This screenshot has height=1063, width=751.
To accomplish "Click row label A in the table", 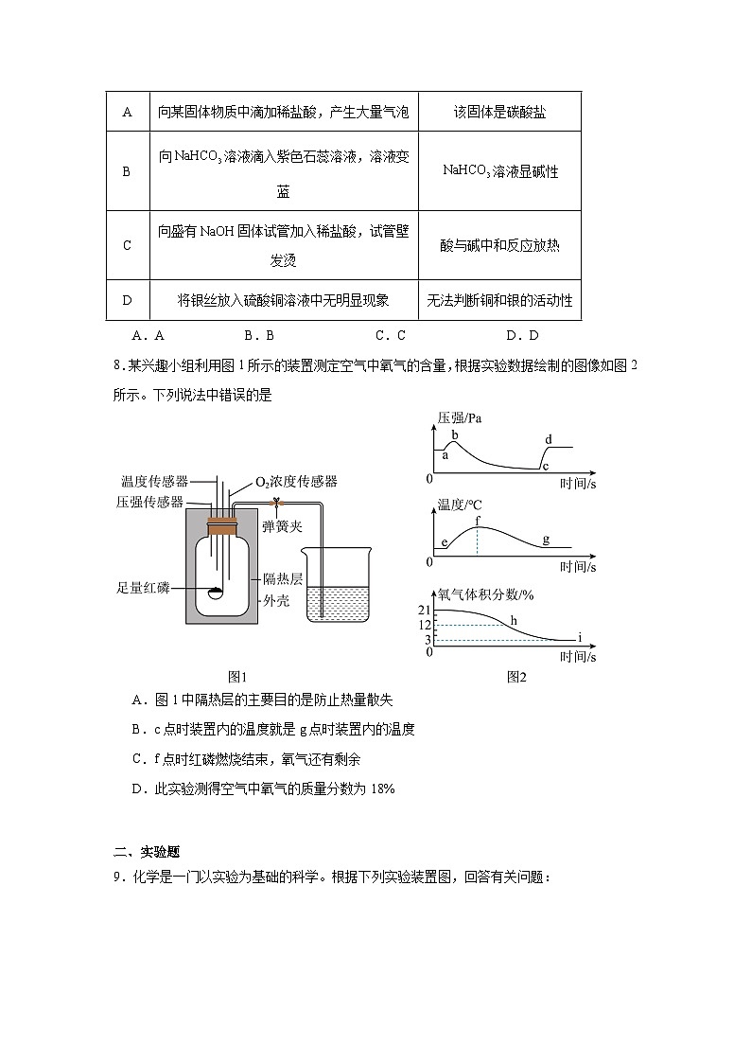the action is coord(127,112).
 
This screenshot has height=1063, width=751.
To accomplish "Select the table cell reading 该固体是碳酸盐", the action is coord(498,112).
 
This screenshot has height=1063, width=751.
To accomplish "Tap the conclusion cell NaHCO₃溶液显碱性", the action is coord(498,171).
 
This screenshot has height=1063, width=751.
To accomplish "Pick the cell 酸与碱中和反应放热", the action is coord(498,245).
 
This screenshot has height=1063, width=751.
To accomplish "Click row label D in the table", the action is coord(127,300).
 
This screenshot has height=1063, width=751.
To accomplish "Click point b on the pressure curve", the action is coord(455,434).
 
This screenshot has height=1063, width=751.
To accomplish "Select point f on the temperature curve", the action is coord(478,521).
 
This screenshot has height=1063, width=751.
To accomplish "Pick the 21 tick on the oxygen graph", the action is coord(425,611).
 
